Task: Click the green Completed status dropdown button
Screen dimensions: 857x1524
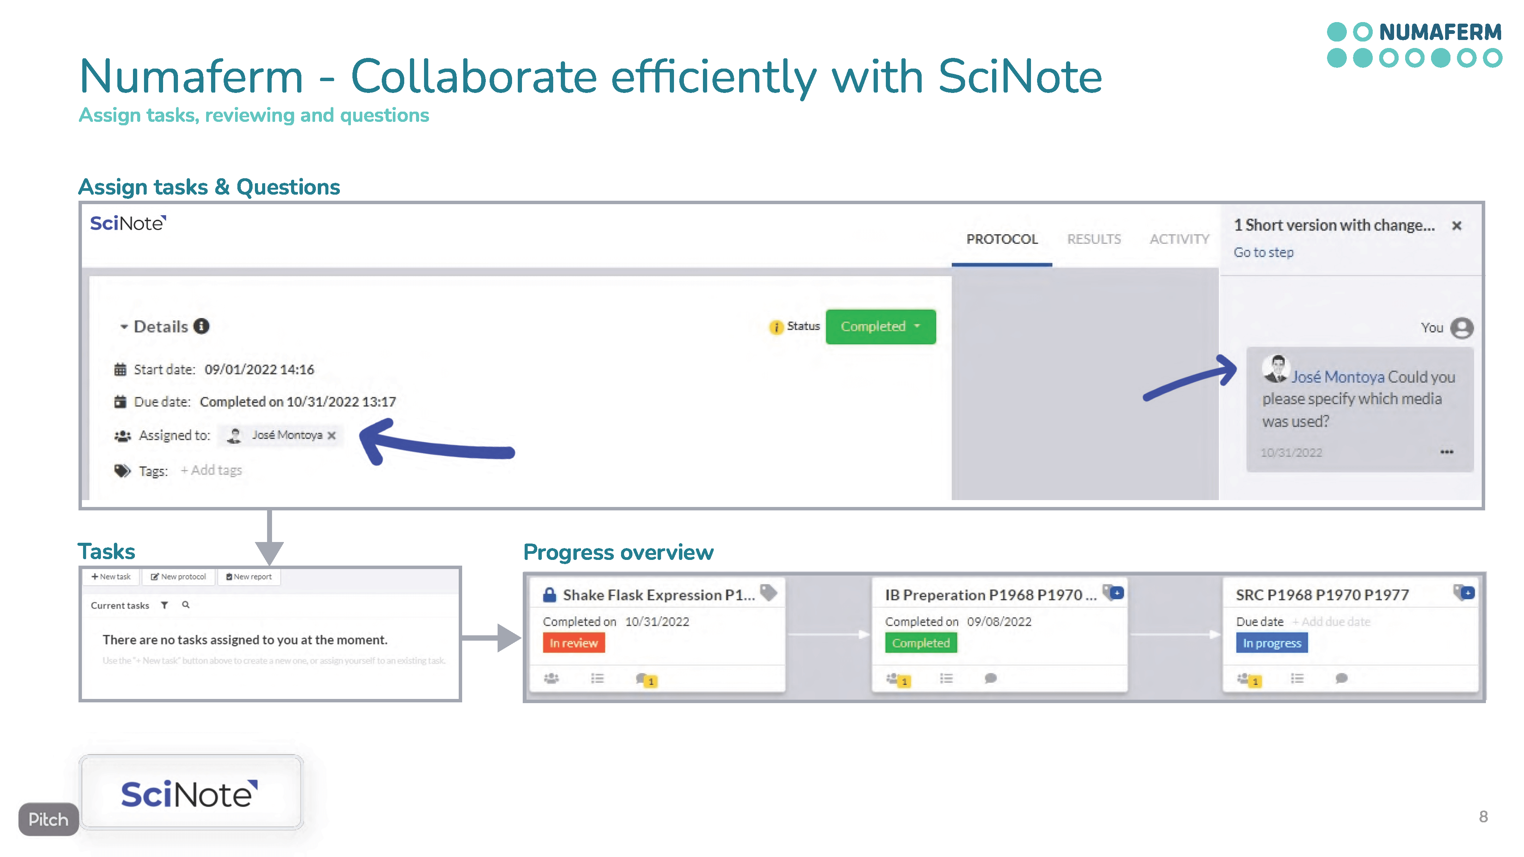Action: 880,326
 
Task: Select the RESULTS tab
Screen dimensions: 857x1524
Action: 1093,239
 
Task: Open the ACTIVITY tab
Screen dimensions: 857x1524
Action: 1179,239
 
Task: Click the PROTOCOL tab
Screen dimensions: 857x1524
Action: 1002,239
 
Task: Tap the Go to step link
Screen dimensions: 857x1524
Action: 1263,253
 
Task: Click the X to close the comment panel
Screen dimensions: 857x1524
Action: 1457,225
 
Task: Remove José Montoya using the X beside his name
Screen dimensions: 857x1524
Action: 332,435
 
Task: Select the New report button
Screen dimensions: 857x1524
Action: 249,577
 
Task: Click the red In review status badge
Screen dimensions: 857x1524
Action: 573,643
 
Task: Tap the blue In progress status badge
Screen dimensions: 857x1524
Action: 1271,643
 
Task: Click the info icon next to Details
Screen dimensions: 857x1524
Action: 202,326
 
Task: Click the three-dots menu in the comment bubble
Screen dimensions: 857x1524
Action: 1447,452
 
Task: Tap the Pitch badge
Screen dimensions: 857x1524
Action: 48,819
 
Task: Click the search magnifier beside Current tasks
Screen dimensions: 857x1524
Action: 186,605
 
